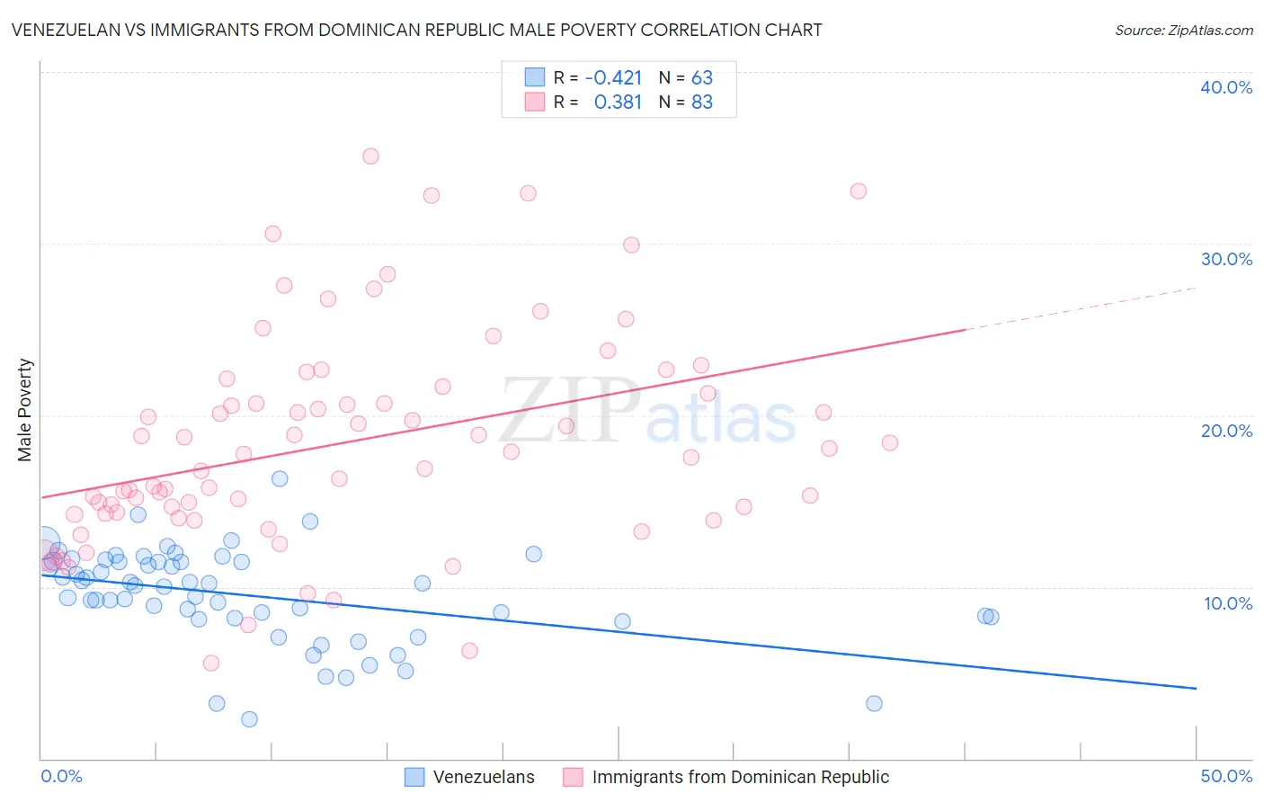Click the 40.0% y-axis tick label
1226,87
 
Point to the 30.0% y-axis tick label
1226,259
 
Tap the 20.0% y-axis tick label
1226,431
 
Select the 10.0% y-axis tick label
1228,603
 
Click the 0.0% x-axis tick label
61,776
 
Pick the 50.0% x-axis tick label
1226,776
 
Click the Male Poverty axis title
25,410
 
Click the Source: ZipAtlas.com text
1183,31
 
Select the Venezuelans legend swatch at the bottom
414,777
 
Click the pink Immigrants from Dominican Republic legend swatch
573,777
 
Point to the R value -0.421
613,77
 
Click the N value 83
702,102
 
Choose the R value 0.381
618,102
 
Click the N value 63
702,77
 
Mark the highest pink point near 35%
370,156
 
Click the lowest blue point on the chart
250,719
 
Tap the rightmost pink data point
890,442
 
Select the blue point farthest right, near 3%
874,703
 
